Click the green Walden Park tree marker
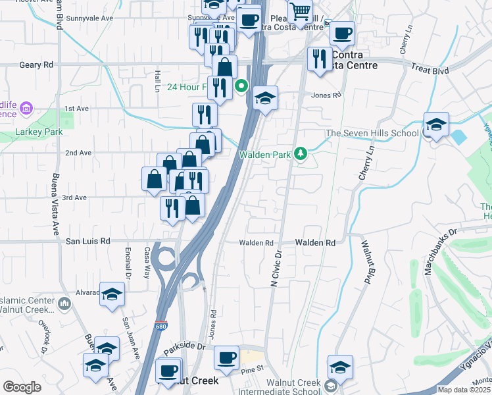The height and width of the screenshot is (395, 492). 301,154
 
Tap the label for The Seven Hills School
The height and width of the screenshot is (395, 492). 372,133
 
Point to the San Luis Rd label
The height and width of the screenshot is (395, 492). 87,242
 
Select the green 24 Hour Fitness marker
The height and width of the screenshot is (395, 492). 241,85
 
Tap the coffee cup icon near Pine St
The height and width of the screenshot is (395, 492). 226,358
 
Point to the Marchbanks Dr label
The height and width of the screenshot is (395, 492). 442,242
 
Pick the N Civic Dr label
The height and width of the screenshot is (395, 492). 276,266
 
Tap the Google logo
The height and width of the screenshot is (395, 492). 22,387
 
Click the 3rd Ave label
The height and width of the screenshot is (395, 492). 74,197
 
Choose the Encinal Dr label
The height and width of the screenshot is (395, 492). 129,261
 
